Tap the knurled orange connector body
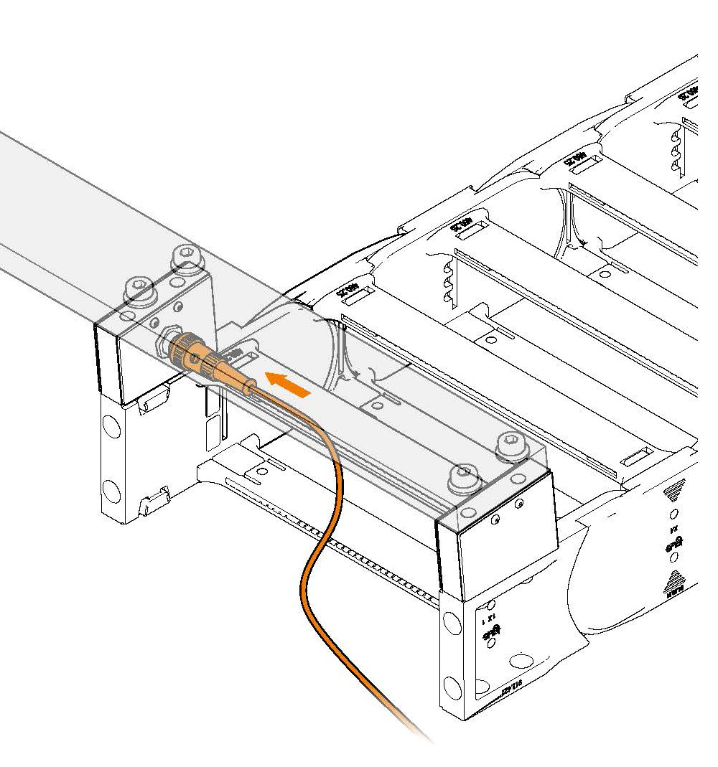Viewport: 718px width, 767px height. click(x=196, y=357)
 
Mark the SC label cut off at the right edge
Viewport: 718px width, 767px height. click(x=688, y=94)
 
